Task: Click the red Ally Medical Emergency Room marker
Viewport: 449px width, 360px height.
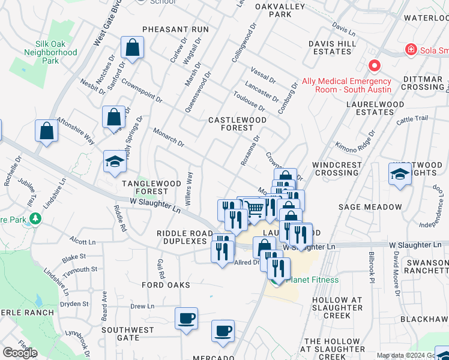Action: pos(375,65)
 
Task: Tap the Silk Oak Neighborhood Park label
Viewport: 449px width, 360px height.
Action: pos(50,53)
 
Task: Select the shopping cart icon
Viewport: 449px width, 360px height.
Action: pos(256,208)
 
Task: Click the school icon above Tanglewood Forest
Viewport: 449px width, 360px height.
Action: pos(115,161)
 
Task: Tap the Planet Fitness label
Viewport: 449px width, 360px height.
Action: pos(312,280)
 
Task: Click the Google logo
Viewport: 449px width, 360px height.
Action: pos(20,353)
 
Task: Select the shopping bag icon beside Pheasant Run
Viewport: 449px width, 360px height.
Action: pos(132,47)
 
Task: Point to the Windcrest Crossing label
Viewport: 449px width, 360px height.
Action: pos(337,169)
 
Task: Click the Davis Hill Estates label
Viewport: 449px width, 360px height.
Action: pos(330,47)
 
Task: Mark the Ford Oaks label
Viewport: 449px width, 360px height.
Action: pos(166,285)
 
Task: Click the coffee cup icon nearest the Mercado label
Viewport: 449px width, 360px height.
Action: pos(223,331)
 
